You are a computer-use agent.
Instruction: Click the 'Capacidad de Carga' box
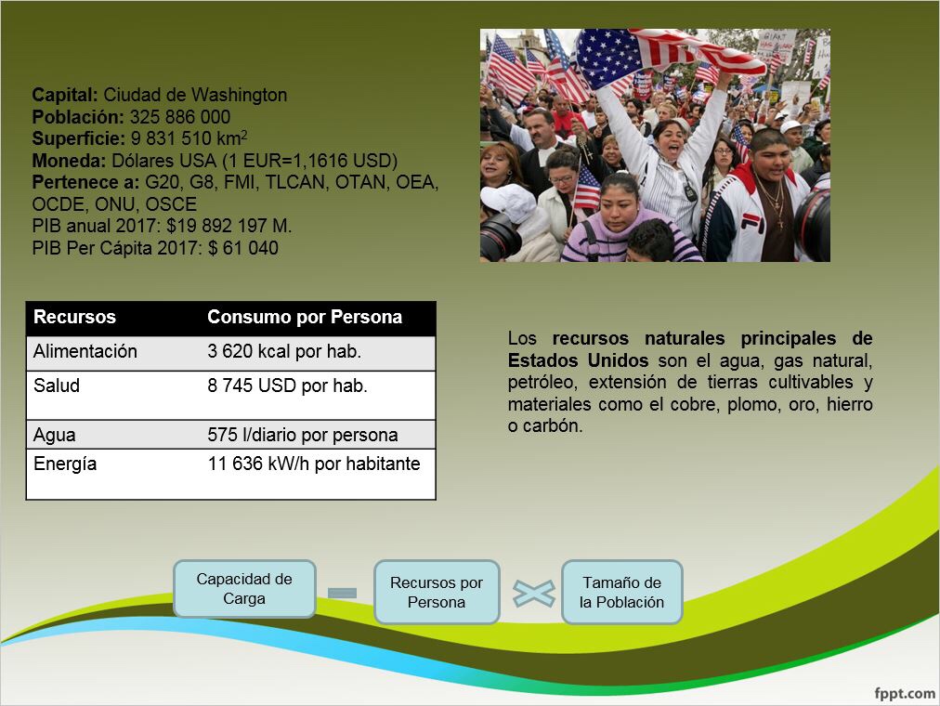pyautogui.click(x=244, y=589)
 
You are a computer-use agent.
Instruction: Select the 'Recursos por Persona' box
pyautogui.click(x=437, y=592)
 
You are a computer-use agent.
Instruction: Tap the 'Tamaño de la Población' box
pyautogui.click(x=621, y=592)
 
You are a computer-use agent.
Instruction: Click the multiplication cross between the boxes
pyautogui.click(x=533, y=594)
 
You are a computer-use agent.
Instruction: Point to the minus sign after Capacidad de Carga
pyautogui.click(x=343, y=593)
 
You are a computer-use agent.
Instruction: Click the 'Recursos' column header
pyautogui.click(x=74, y=317)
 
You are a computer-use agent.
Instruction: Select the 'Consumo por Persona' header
pyautogui.click(x=305, y=317)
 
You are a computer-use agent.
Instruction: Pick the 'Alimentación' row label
pyautogui.click(x=85, y=351)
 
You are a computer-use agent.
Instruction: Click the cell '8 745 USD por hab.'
pyautogui.click(x=287, y=386)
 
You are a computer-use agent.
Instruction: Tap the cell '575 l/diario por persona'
pyautogui.click(x=303, y=435)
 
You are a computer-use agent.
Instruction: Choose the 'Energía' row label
pyautogui.click(x=65, y=464)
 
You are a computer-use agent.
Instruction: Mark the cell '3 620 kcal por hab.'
pyautogui.click(x=284, y=351)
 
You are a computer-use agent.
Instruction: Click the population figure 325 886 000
pyautogui.click(x=180, y=117)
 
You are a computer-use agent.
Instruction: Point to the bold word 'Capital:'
pyautogui.click(x=65, y=96)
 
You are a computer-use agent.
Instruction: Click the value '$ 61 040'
pyautogui.click(x=242, y=248)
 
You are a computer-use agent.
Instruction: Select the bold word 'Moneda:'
pyautogui.click(x=69, y=161)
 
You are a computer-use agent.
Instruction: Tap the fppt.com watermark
pyautogui.click(x=905, y=693)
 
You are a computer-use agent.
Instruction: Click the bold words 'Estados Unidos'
pyautogui.click(x=578, y=360)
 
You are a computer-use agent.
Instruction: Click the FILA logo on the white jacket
pyautogui.click(x=752, y=223)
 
